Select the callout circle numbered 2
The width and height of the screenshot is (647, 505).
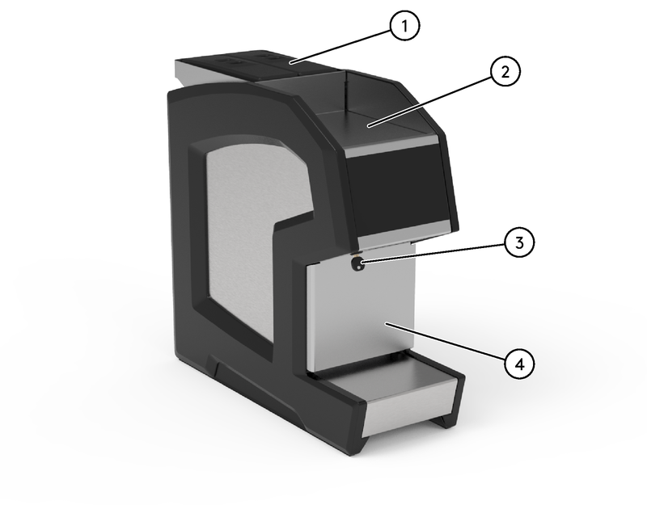tap(504, 72)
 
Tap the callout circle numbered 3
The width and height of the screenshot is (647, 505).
tap(518, 242)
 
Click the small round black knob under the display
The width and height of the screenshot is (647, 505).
tap(357, 264)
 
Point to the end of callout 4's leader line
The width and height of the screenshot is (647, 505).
tap(387, 324)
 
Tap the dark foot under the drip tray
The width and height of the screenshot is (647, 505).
tap(445, 419)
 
